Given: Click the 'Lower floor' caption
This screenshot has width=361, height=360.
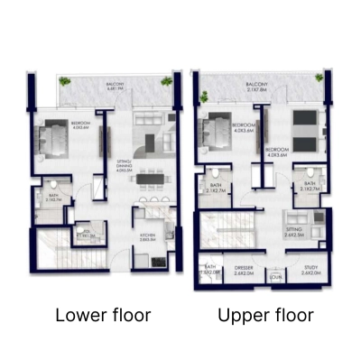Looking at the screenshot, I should [x=103, y=315].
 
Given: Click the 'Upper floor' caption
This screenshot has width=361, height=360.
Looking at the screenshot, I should [x=265, y=315].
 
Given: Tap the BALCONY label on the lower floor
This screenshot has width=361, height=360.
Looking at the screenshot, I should [x=115, y=88].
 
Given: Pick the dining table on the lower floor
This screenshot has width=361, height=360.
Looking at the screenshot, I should [x=151, y=192].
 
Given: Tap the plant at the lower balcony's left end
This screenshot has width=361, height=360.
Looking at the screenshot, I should [x=64, y=81].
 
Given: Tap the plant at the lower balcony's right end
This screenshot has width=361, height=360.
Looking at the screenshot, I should [x=166, y=81].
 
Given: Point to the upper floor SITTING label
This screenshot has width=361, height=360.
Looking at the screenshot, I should [x=294, y=233].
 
